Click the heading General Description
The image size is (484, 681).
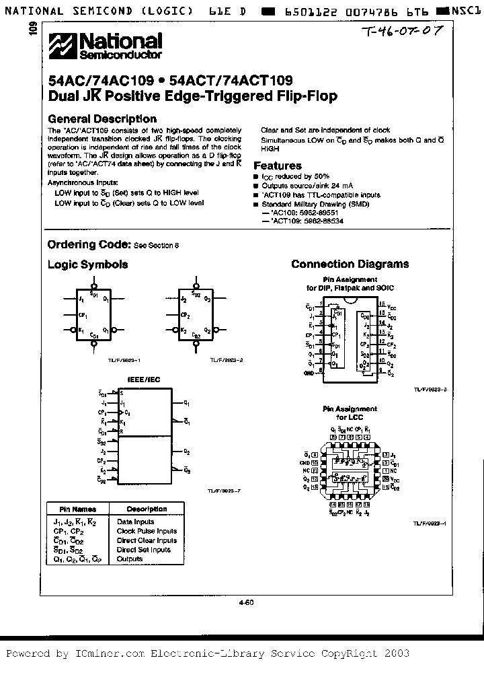102,119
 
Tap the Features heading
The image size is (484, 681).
278,166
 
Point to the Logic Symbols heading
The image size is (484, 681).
87,264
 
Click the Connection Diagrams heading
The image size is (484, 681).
350,264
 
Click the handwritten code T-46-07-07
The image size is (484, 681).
401,32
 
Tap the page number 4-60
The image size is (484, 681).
246,603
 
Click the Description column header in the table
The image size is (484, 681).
147,509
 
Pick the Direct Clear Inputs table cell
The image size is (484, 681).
147,540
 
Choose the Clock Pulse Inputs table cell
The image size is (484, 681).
147,531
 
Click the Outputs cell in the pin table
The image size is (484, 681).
130,559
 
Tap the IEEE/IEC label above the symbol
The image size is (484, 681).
143,380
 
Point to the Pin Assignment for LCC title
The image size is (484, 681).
350,413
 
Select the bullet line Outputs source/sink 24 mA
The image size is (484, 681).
307,185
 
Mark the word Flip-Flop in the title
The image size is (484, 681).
306,96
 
